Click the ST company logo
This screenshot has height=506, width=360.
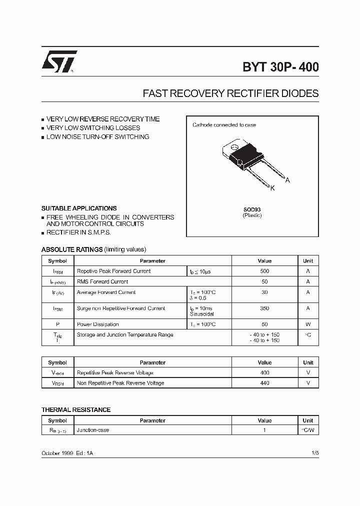click(x=59, y=62)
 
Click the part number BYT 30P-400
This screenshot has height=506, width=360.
click(x=280, y=67)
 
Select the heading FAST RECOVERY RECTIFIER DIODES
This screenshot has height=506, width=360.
click(x=230, y=93)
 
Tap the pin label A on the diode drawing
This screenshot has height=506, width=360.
click(x=287, y=180)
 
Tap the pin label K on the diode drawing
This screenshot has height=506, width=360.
click(x=272, y=188)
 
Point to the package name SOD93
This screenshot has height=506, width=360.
click(x=252, y=209)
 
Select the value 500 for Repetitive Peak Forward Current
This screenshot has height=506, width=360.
click(x=264, y=271)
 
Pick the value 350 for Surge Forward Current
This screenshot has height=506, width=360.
click(x=264, y=308)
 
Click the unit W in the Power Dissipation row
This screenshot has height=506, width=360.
click(x=308, y=324)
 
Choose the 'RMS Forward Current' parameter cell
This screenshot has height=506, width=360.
click(x=102, y=281)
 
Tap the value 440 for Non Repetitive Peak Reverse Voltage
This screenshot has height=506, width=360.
click(x=264, y=383)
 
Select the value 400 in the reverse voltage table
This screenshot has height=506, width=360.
click(x=264, y=372)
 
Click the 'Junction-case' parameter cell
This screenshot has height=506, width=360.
click(x=93, y=430)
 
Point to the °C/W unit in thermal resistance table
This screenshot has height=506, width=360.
click(x=308, y=430)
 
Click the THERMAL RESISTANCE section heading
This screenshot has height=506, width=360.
click(x=76, y=410)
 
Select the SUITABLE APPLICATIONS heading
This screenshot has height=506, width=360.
click(x=79, y=208)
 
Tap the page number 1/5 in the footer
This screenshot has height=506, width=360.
click(x=314, y=452)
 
